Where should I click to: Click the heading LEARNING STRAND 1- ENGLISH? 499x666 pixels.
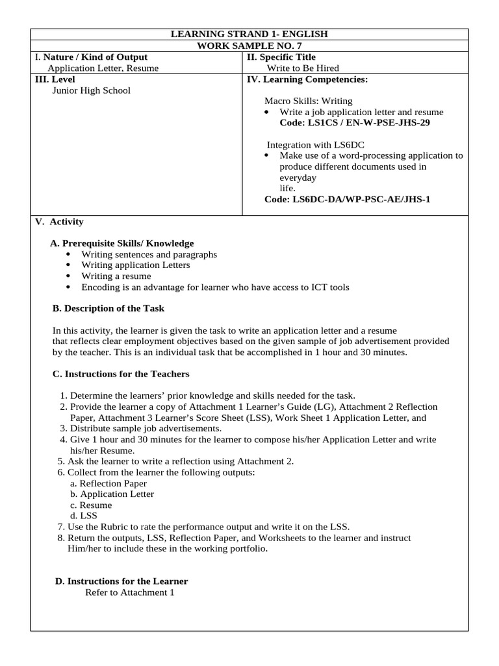(x=249, y=34)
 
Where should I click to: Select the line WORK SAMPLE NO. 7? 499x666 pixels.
(x=249, y=46)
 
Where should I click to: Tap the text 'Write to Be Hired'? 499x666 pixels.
(x=303, y=68)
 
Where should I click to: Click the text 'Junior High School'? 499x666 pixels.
(x=91, y=90)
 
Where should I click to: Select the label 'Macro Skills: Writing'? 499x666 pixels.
(x=308, y=101)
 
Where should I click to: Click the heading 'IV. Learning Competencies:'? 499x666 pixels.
(x=307, y=79)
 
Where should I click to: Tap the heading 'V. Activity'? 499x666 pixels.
(x=59, y=222)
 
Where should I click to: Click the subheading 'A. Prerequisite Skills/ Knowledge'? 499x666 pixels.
(x=122, y=243)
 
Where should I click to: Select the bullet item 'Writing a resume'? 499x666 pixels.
(x=116, y=276)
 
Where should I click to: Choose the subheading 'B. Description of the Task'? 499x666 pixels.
(x=108, y=308)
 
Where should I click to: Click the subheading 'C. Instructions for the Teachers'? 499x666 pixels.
(x=120, y=373)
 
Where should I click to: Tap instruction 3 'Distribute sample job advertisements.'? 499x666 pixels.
(x=146, y=429)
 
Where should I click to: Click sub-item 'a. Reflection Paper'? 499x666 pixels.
(x=108, y=483)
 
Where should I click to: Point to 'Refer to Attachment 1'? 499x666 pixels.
(x=130, y=593)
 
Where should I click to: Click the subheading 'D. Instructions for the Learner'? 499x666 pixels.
(x=122, y=581)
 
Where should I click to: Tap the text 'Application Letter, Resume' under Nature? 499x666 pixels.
(x=103, y=68)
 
